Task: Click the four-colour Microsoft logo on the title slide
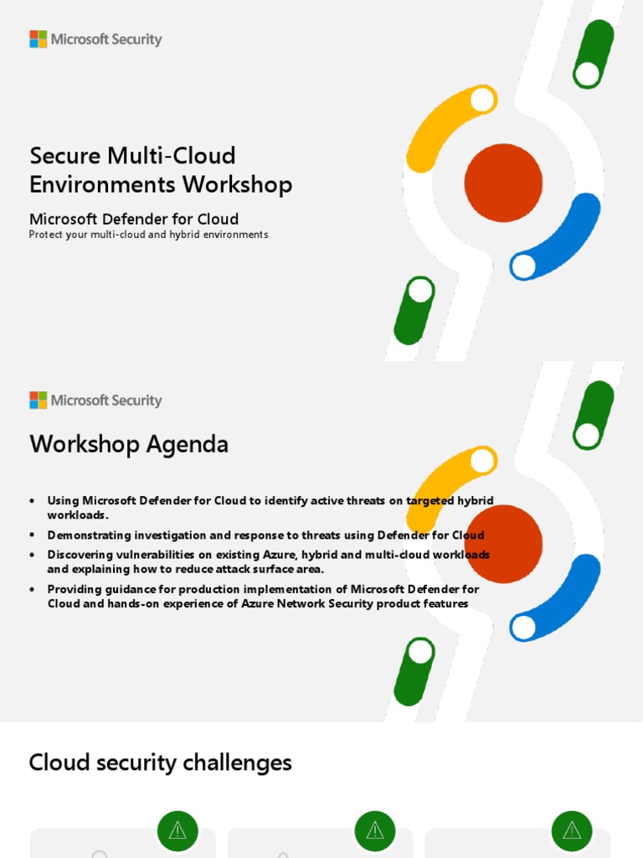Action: [x=39, y=39]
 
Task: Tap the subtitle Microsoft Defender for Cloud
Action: [x=134, y=220]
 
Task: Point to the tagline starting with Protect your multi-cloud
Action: [x=148, y=235]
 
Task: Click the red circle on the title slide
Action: [x=503, y=183]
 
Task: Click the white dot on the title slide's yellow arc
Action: [x=482, y=100]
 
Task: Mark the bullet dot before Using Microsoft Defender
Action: [x=32, y=501]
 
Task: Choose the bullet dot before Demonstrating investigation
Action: [x=32, y=535]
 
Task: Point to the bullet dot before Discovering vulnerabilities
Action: [x=32, y=555]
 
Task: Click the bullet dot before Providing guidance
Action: [x=32, y=589]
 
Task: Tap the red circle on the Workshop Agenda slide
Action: [x=503, y=544]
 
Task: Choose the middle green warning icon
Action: [x=375, y=830]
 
